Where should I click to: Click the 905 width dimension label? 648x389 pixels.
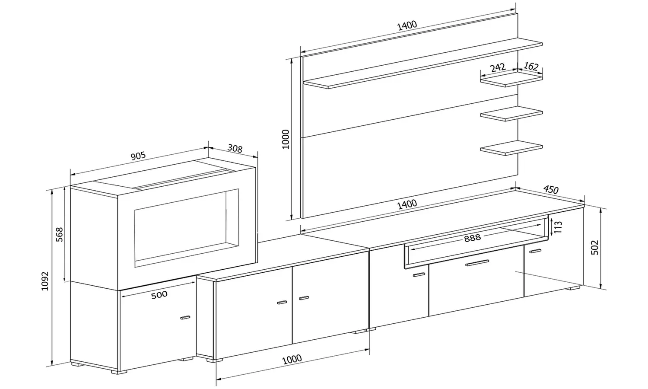(x=138, y=156)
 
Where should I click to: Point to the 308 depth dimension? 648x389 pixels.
(x=235, y=149)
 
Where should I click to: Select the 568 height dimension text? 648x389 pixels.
(x=60, y=234)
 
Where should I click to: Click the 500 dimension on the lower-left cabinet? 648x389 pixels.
(x=159, y=295)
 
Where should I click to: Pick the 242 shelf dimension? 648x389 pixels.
(x=498, y=68)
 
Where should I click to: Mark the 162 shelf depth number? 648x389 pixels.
(x=531, y=67)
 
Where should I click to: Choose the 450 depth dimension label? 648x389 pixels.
(x=551, y=189)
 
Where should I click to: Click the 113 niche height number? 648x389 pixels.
(x=558, y=227)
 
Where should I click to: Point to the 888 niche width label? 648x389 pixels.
(x=472, y=238)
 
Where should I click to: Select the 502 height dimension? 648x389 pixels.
(x=595, y=247)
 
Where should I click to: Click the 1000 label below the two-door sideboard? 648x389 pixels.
(x=292, y=359)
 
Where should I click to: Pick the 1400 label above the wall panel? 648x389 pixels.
(x=407, y=25)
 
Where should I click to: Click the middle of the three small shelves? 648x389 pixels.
(x=511, y=113)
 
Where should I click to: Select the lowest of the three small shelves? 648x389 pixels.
(x=511, y=149)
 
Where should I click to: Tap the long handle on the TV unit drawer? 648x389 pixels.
(x=477, y=263)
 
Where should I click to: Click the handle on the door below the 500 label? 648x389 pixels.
(x=185, y=318)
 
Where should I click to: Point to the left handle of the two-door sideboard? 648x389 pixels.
(x=282, y=302)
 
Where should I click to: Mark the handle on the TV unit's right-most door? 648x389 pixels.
(x=536, y=251)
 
